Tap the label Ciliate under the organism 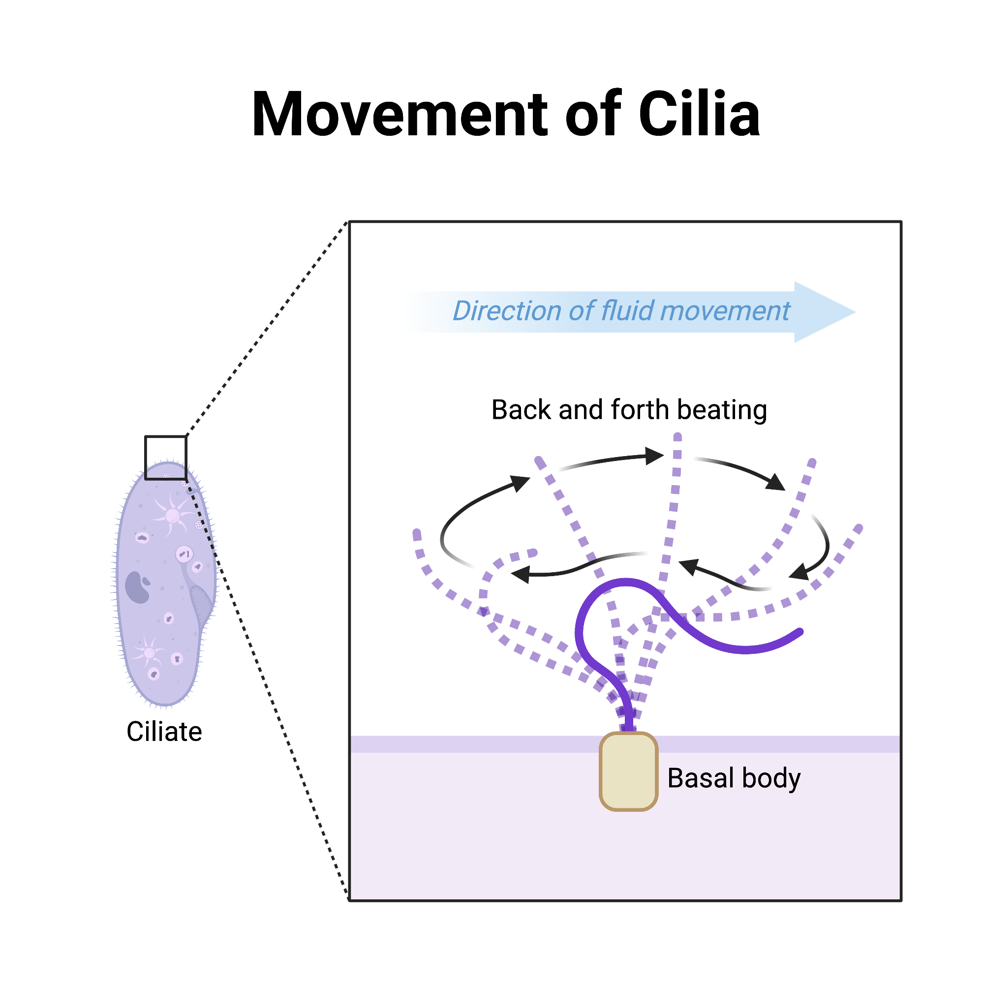coord(164,732)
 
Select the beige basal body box coord(628,771)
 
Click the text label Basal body coord(734,778)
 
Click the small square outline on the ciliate coord(165,458)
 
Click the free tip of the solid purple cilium coord(800,632)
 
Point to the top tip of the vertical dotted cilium coord(677,437)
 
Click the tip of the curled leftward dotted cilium coord(534,552)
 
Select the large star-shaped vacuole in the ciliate coord(173,516)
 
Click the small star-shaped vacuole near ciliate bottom coord(149,653)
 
